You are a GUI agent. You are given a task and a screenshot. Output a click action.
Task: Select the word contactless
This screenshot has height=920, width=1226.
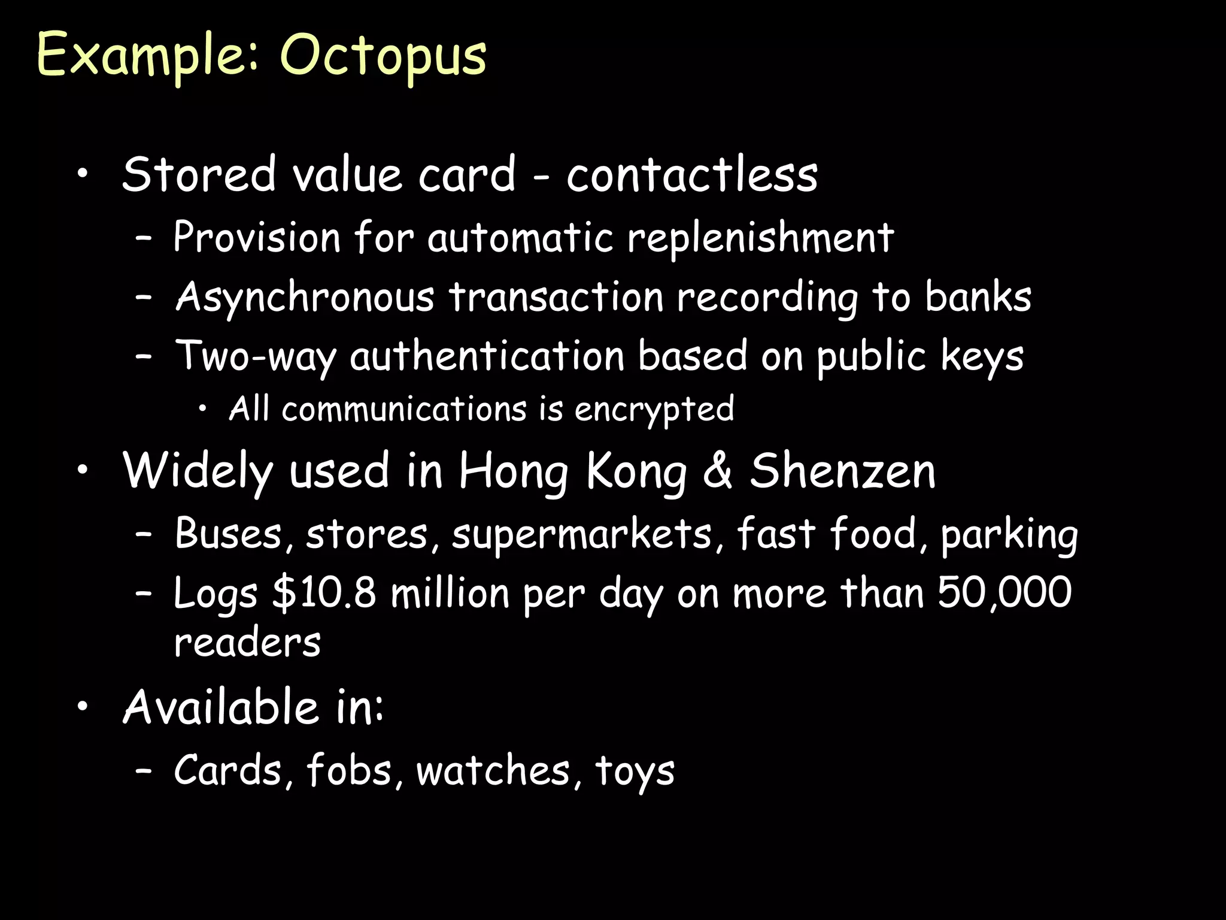coord(692,175)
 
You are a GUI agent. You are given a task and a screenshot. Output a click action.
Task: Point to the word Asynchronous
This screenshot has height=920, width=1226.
coord(305,298)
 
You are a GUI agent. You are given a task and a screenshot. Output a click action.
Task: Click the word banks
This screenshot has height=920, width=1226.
coord(978,296)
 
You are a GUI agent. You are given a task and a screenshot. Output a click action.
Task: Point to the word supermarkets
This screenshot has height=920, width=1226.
coord(581,534)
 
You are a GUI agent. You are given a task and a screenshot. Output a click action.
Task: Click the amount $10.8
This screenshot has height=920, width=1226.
coord(324,593)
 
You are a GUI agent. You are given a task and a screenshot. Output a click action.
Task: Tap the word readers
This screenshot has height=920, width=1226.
coord(247,643)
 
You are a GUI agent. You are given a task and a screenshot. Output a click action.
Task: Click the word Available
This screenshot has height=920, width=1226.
coord(220,707)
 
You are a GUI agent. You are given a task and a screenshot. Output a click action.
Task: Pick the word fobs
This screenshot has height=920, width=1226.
coord(350,770)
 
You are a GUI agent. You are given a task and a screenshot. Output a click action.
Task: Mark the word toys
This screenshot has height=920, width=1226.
coord(635,771)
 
